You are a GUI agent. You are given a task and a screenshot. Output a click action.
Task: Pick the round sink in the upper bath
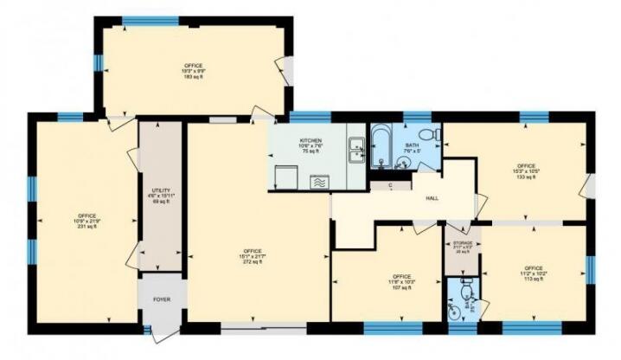click(403, 160)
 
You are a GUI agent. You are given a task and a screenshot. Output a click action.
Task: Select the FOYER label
click(162, 300)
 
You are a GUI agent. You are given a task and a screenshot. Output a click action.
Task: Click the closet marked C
click(392, 185)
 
